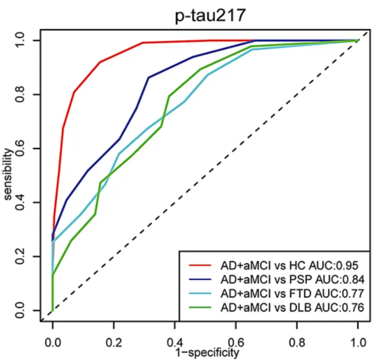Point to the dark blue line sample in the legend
click(201, 279)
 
